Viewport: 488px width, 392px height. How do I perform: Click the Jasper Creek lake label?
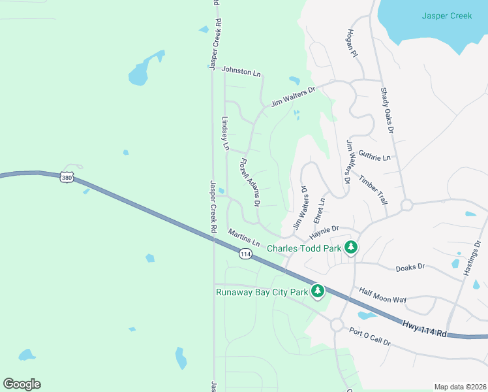pos(446,16)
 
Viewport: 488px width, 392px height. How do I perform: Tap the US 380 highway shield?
pos(66,176)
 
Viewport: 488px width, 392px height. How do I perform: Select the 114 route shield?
pos(245,254)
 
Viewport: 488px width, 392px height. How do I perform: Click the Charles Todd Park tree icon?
pos(352,248)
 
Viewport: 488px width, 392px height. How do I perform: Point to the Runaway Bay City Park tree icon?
pos(318,291)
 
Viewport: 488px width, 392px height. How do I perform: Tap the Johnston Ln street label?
pos(241,71)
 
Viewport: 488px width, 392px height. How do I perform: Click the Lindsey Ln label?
pos(226,134)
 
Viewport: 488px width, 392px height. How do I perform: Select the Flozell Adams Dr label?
pos(251,183)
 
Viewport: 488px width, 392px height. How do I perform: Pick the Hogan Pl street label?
pos(353,44)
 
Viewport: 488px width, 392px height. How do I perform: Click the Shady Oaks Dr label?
pos(388,111)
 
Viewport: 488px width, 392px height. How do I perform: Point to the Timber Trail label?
pos(373,190)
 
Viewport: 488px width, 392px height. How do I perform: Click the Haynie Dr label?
pos(324,231)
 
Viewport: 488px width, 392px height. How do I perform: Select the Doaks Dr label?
pos(410,267)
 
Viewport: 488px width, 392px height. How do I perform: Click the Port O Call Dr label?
pos(369,337)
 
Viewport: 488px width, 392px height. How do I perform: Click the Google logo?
pos(22,384)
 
